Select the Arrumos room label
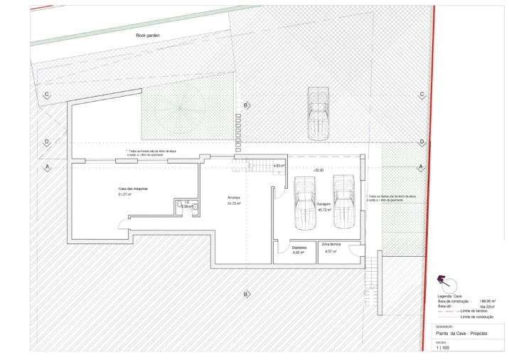[234, 197]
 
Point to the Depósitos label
[298, 248]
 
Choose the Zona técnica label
[331, 244]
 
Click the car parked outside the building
[317, 114]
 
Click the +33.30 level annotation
[318, 171]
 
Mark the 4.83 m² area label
[279, 166]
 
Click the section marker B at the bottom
[247, 294]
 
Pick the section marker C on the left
[47, 95]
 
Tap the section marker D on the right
[422, 142]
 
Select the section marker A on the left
[47, 166]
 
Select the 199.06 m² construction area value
[487, 301]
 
